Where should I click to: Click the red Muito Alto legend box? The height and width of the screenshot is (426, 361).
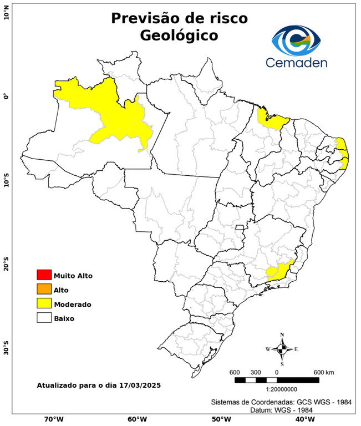[x=44, y=275]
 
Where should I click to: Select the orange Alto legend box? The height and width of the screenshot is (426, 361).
[x=44, y=289]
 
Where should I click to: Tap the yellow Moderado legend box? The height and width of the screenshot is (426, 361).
[x=44, y=303]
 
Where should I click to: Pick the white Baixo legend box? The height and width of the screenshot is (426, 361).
[x=44, y=318]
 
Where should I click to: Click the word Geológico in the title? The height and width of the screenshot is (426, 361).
[x=179, y=35]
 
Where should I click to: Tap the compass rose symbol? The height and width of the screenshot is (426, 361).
[x=282, y=349]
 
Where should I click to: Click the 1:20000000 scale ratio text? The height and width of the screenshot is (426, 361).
[x=276, y=390]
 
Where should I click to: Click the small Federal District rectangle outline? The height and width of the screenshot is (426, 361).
[x=240, y=227]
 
